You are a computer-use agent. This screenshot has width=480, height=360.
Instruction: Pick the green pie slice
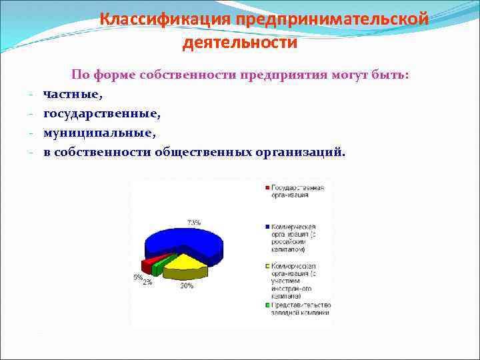(x=159, y=266)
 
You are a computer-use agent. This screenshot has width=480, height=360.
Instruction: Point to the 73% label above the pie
(x=193, y=222)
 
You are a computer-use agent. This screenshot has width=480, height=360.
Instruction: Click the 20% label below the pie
(x=187, y=285)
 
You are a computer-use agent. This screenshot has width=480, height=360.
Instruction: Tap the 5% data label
(x=137, y=277)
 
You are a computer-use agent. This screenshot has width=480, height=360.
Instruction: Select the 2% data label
(x=147, y=281)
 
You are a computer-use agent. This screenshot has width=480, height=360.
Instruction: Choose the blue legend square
(x=266, y=227)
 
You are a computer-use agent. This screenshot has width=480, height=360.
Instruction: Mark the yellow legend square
(x=266, y=265)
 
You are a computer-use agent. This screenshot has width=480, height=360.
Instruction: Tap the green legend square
(x=266, y=305)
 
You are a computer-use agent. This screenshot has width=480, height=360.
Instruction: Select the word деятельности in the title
(x=240, y=43)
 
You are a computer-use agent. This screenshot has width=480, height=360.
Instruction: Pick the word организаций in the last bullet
(x=301, y=151)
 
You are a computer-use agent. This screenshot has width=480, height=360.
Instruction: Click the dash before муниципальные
(x=31, y=133)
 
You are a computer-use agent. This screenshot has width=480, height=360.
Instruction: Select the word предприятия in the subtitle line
(x=287, y=75)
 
